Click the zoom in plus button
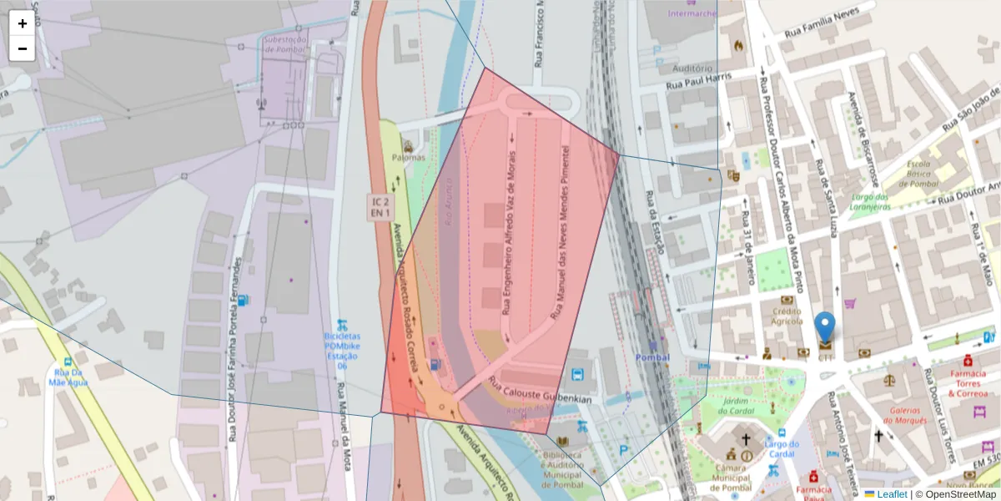[x=23, y=23]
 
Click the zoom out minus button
[x=23, y=48]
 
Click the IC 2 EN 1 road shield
[x=381, y=207]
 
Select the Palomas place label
[x=408, y=157]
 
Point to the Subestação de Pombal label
[x=286, y=43]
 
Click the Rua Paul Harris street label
[x=698, y=81]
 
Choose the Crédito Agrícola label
[x=787, y=316]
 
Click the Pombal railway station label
[x=652, y=357]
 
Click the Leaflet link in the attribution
[x=891, y=494]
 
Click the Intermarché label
[x=692, y=13]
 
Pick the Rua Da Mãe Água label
[x=68, y=377]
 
